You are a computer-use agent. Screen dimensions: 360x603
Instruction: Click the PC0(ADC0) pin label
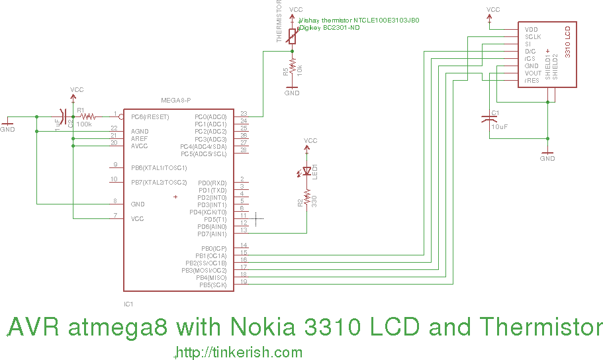[211, 116]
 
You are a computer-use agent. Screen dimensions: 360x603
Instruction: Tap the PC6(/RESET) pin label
[150, 116]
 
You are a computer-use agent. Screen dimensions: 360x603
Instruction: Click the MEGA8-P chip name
[176, 100]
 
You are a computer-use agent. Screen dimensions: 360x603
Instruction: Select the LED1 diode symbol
[307, 171]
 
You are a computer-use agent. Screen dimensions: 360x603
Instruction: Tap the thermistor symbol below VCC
[292, 36]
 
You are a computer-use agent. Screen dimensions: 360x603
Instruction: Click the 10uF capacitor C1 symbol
[489, 119]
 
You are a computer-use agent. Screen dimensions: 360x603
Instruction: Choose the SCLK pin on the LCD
[533, 37]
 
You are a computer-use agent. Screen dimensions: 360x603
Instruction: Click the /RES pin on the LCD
[532, 81]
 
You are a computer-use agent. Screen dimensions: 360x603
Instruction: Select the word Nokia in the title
[262, 327]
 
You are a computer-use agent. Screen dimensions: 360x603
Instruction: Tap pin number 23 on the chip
[244, 114]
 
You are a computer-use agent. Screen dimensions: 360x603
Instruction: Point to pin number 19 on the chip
[244, 283]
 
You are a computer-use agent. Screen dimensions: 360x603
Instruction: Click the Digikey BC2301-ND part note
[330, 28]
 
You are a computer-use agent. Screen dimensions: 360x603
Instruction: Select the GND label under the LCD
[547, 159]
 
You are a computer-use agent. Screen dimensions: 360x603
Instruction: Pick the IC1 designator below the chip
[128, 304]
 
